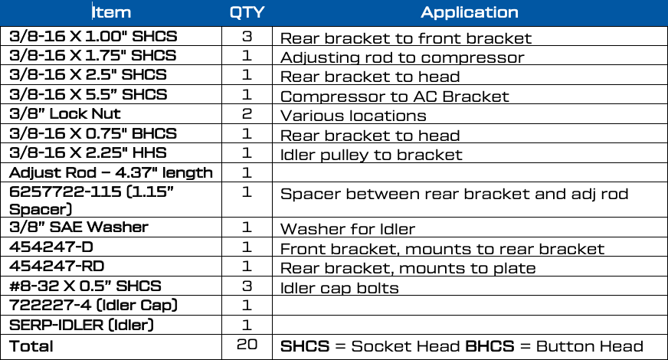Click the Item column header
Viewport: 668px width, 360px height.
coord(112,12)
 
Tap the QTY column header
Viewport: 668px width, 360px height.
coord(247,12)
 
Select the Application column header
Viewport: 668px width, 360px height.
coord(470,12)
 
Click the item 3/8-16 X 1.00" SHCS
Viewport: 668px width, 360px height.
coord(93,36)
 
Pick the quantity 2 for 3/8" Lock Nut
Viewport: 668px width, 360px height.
coord(247,114)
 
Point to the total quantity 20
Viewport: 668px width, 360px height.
coord(247,344)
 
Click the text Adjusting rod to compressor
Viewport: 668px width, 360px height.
coord(402,57)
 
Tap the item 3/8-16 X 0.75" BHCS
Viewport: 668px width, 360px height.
coord(93,133)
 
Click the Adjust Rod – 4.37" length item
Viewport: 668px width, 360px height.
coord(111,172)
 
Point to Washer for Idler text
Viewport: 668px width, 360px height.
coord(348,229)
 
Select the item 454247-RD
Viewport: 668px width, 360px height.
coord(57,267)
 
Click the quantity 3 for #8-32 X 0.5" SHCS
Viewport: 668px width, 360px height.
coord(247,286)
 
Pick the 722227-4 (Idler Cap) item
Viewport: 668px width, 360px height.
coord(93,306)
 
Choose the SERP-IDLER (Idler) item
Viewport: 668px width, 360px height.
coord(81,325)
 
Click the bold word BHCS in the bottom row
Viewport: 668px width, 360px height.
coord(490,346)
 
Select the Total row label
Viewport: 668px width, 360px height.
coord(31,346)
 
